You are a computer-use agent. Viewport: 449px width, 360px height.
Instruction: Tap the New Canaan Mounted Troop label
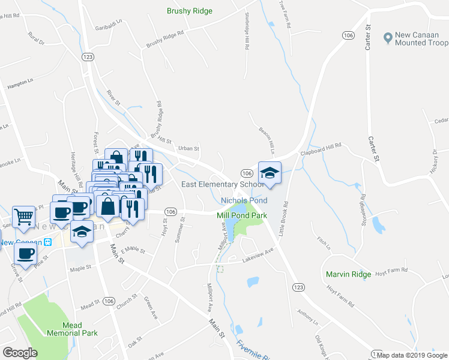(x=421, y=39)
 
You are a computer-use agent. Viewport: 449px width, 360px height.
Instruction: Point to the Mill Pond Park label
(x=242, y=215)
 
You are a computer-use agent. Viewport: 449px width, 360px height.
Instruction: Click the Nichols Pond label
(x=244, y=200)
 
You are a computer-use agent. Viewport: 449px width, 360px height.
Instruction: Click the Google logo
(x=20, y=353)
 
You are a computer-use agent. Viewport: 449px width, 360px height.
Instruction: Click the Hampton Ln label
(x=20, y=83)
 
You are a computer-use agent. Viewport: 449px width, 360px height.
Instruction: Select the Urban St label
(x=188, y=148)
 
